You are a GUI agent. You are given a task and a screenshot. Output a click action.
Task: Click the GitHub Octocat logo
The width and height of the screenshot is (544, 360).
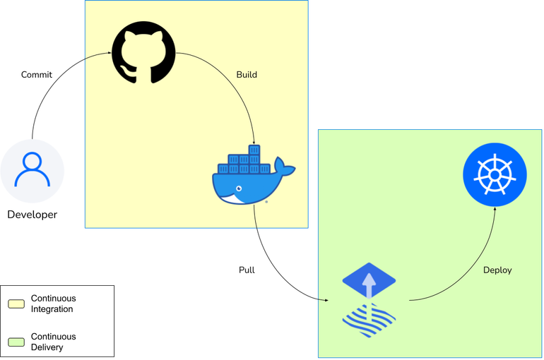(143, 53)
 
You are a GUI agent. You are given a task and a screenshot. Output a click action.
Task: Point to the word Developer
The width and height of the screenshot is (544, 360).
(32, 215)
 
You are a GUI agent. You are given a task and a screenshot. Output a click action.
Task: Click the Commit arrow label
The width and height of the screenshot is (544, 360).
(37, 75)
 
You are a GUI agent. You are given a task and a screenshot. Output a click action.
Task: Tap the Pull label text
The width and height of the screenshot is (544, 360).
(247, 270)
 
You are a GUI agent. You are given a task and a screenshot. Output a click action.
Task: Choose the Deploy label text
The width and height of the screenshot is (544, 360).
(497, 270)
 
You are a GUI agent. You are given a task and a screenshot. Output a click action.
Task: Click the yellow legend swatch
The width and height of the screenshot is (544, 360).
(16, 304)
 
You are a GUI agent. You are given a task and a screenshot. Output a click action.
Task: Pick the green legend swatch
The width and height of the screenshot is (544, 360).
(16, 342)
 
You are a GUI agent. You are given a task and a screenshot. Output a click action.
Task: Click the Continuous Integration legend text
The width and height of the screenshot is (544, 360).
(53, 304)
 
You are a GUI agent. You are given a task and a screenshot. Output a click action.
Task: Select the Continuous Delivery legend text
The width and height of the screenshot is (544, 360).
(53, 342)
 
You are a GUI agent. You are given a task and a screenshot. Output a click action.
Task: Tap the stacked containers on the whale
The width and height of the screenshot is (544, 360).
(244, 161)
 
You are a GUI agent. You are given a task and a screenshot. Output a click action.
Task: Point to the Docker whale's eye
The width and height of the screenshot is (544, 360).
(239, 188)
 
